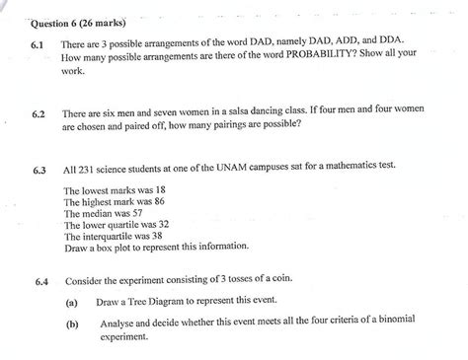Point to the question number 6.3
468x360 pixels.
coord(39,169)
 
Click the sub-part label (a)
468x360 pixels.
coord(72,301)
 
